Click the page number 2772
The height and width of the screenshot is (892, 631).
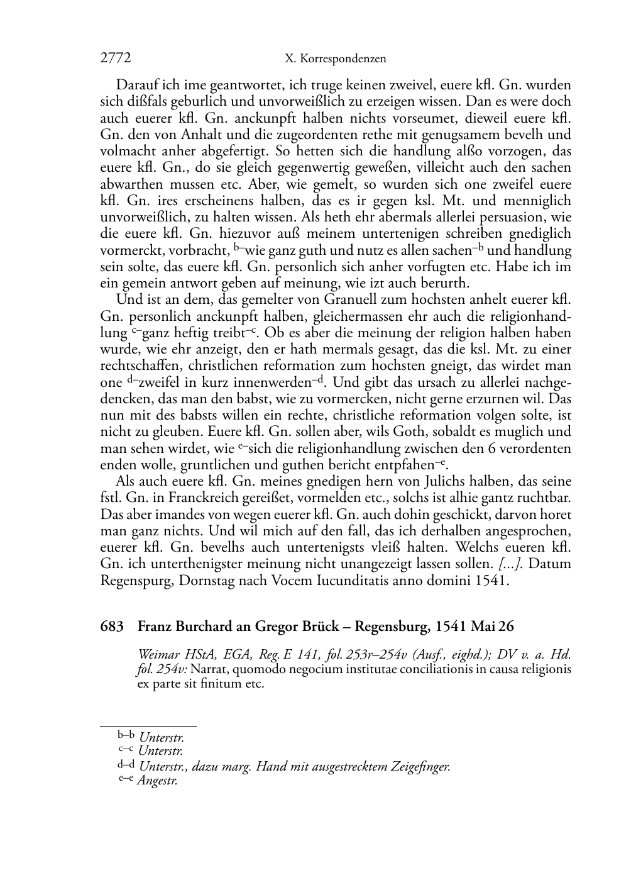[x=116, y=59]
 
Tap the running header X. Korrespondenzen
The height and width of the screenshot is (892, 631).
[x=335, y=59]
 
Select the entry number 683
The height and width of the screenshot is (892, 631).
[x=111, y=627]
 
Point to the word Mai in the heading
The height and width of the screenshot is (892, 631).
[x=484, y=627]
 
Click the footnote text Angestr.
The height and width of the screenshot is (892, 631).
[x=157, y=782]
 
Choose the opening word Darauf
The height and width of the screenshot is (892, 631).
[x=137, y=85]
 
